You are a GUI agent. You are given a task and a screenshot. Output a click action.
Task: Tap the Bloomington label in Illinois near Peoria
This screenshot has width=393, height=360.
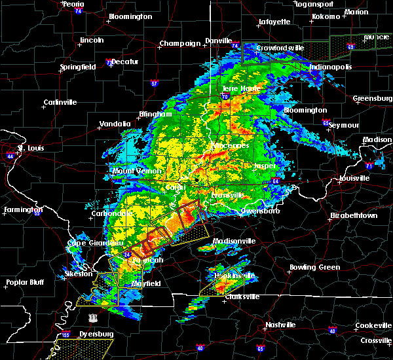[x=130, y=16]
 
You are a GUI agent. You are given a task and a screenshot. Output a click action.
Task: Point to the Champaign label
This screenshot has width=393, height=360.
[x=179, y=44]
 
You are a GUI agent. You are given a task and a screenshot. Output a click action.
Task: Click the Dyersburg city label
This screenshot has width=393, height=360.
[x=92, y=334]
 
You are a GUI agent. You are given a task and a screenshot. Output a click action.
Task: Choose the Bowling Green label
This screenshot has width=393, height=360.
[x=315, y=267]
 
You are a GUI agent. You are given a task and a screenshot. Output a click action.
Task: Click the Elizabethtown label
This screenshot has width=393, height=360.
[x=353, y=215]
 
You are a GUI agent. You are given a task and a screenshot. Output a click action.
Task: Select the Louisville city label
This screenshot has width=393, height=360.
[x=355, y=178]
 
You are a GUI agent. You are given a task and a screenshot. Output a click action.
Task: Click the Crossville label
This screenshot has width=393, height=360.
[x=375, y=341]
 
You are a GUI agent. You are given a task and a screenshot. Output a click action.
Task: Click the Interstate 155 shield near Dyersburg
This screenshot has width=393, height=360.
[x=65, y=335]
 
